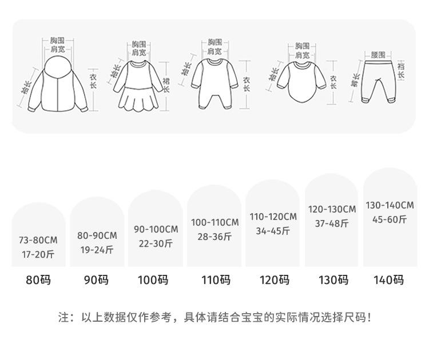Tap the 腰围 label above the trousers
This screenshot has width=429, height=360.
(x=378, y=55)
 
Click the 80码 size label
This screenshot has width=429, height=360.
(x=39, y=280)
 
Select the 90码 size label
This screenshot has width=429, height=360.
(x=96, y=280)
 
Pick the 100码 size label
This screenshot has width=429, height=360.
(x=153, y=280)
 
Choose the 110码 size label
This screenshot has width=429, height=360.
(x=216, y=280)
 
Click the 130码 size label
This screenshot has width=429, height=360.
(x=333, y=280)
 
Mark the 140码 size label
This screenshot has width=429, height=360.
(x=388, y=280)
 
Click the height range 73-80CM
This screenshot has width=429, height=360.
(x=38, y=241)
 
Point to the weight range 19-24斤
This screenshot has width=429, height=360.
(x=97, y=249)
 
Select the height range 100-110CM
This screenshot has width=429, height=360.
(x=215, y=222)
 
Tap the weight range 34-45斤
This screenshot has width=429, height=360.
(x=273, y=231)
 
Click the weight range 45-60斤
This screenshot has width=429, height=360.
(x=390, y=219)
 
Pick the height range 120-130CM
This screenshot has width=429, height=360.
(x=332, y=210)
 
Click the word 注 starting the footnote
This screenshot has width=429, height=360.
(x=63, y=317)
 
